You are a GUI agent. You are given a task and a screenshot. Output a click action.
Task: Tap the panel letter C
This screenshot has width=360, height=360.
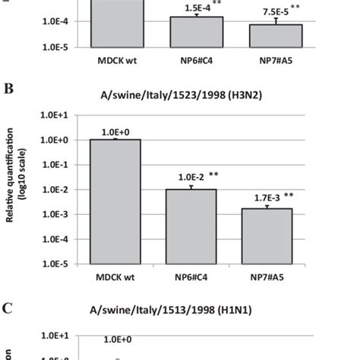[x=10, y=309]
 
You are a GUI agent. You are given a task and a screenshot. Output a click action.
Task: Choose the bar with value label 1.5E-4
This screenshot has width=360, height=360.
[x=196, y=32]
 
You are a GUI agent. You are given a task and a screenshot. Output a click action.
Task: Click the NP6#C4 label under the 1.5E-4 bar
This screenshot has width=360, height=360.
[x=196, y=56]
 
